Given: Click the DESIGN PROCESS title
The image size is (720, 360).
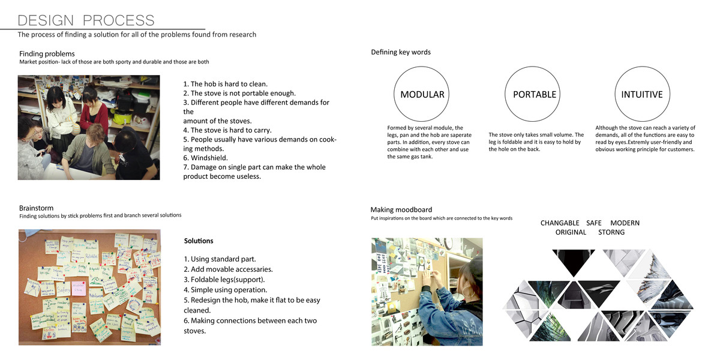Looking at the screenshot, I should click(86, 20).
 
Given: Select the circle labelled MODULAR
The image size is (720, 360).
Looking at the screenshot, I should click(422, 94).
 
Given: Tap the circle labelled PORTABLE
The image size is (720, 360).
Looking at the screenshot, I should click(534, 94).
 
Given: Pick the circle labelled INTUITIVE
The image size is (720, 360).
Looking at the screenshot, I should click(642, 94).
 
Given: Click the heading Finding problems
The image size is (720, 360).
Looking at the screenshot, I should click(47, 54).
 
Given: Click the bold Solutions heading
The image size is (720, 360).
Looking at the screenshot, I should click(199, 241).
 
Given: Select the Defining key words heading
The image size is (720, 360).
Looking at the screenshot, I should click(401, 52).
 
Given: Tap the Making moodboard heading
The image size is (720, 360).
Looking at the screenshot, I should click(401, 209).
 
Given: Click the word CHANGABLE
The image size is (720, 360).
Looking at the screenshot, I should click(559, 223).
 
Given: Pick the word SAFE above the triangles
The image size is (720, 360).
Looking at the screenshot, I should click(593, 223).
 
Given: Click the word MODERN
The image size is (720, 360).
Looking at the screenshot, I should click(625, 223).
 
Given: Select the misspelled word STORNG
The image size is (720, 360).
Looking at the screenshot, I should click(611, 232).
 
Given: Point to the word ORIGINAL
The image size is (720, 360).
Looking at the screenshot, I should click(571, 232).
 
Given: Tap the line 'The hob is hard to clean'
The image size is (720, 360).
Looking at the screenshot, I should click(225, 84).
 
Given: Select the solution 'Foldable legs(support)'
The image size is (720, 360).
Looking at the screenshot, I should click(224, 280).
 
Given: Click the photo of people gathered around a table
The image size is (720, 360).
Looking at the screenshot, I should click(89, 127).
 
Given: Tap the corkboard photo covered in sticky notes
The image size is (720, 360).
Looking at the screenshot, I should click(89, 287).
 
